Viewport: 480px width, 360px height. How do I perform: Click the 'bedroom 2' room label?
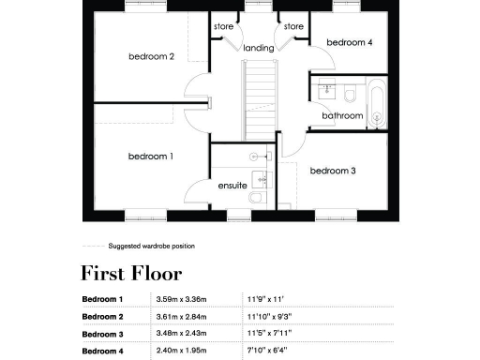(151, 56)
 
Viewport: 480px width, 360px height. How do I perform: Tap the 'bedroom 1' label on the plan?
(151, 156)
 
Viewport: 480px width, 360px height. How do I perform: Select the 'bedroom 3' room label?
(333, 171)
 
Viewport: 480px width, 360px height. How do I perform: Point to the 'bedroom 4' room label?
(349, 42)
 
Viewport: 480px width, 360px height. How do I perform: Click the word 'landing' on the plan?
(258, 48)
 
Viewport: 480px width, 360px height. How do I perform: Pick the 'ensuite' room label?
(232, 186)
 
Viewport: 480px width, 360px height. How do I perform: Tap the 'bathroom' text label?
(342, 115)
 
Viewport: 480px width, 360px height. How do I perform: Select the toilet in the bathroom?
(349, 94)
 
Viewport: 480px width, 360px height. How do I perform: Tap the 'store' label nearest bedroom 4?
(293, 26)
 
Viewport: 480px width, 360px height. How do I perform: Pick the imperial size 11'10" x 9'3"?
(270, 317)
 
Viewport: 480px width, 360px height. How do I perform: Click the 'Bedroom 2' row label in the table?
(103, 317)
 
